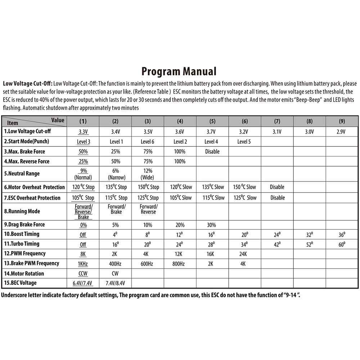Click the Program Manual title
point(179,71)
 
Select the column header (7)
point(277,121)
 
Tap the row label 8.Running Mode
point(22,211)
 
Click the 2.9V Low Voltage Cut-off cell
point(342,132)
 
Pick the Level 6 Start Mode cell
point(148,141)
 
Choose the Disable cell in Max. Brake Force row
point(212,152)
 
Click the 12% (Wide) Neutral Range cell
point(148,174)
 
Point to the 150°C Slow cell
point(244,187)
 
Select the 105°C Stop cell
point(83,198)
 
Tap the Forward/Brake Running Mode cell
point(116,209)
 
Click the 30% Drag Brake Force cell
point(212,225)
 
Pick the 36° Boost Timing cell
point(342,234)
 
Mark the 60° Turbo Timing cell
point(342,244)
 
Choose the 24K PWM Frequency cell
point(244,254)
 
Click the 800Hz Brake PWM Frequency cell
point(180,264)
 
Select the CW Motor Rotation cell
point(115,274)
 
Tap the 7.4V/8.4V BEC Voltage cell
point(116,283)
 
